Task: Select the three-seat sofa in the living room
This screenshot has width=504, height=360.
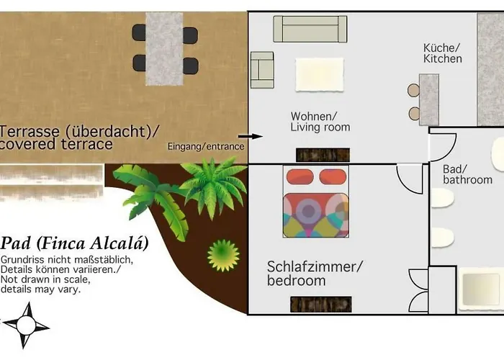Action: tap(310, 29)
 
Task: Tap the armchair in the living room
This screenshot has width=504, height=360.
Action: tap(262, 70)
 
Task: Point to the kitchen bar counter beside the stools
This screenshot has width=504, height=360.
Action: tap(429, 99)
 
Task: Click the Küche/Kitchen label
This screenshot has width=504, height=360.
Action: tap(442, 53)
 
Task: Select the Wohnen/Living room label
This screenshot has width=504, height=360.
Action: tap(320, 122)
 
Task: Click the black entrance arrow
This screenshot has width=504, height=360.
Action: tap(251, 135)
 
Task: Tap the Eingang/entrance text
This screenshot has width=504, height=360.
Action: tap(205, 146)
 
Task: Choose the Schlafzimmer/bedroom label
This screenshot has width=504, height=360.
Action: tap(315, 274)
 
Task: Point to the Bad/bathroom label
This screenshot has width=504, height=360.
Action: tap(467, 174)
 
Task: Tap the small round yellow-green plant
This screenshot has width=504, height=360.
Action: tap(222, 253)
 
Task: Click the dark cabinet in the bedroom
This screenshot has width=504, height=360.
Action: tap(320, 305)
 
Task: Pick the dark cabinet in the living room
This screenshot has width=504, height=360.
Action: tap(323, 155)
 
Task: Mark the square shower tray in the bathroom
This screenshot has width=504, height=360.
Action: tap(479, 289)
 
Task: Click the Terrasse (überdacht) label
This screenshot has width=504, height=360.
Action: tap(79, 138)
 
